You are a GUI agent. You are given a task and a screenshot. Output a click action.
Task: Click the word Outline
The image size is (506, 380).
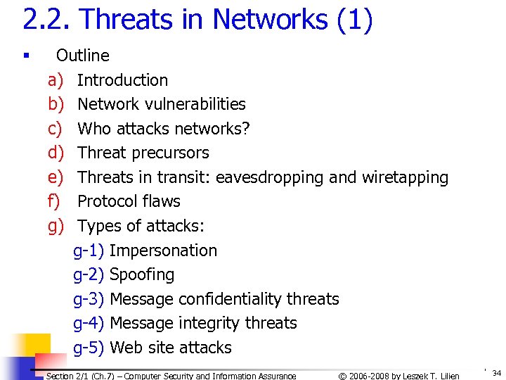83,56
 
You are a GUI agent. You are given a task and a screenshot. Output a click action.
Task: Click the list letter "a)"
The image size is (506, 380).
56,80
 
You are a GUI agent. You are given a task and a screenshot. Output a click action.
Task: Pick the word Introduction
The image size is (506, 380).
122,80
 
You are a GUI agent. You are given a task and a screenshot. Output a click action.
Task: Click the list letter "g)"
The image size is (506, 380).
56,226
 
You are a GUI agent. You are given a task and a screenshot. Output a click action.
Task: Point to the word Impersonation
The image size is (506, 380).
163,251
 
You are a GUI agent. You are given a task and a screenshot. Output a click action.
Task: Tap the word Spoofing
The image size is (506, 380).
142,274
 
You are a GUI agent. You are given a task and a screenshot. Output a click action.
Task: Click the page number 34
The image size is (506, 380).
496,373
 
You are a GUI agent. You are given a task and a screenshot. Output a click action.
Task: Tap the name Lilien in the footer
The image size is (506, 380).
447,376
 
